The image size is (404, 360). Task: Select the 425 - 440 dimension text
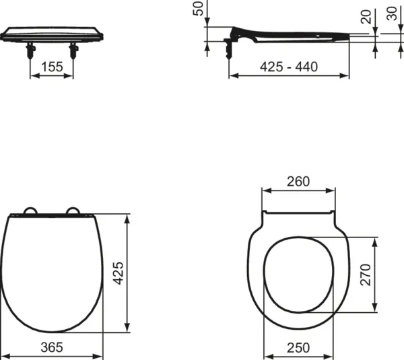pos(289,66)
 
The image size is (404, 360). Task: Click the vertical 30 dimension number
pos(392,14)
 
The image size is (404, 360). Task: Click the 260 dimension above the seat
pos(298,182)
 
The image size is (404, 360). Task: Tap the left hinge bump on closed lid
pos(30,211)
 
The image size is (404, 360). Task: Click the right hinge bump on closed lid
pos(72,211)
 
